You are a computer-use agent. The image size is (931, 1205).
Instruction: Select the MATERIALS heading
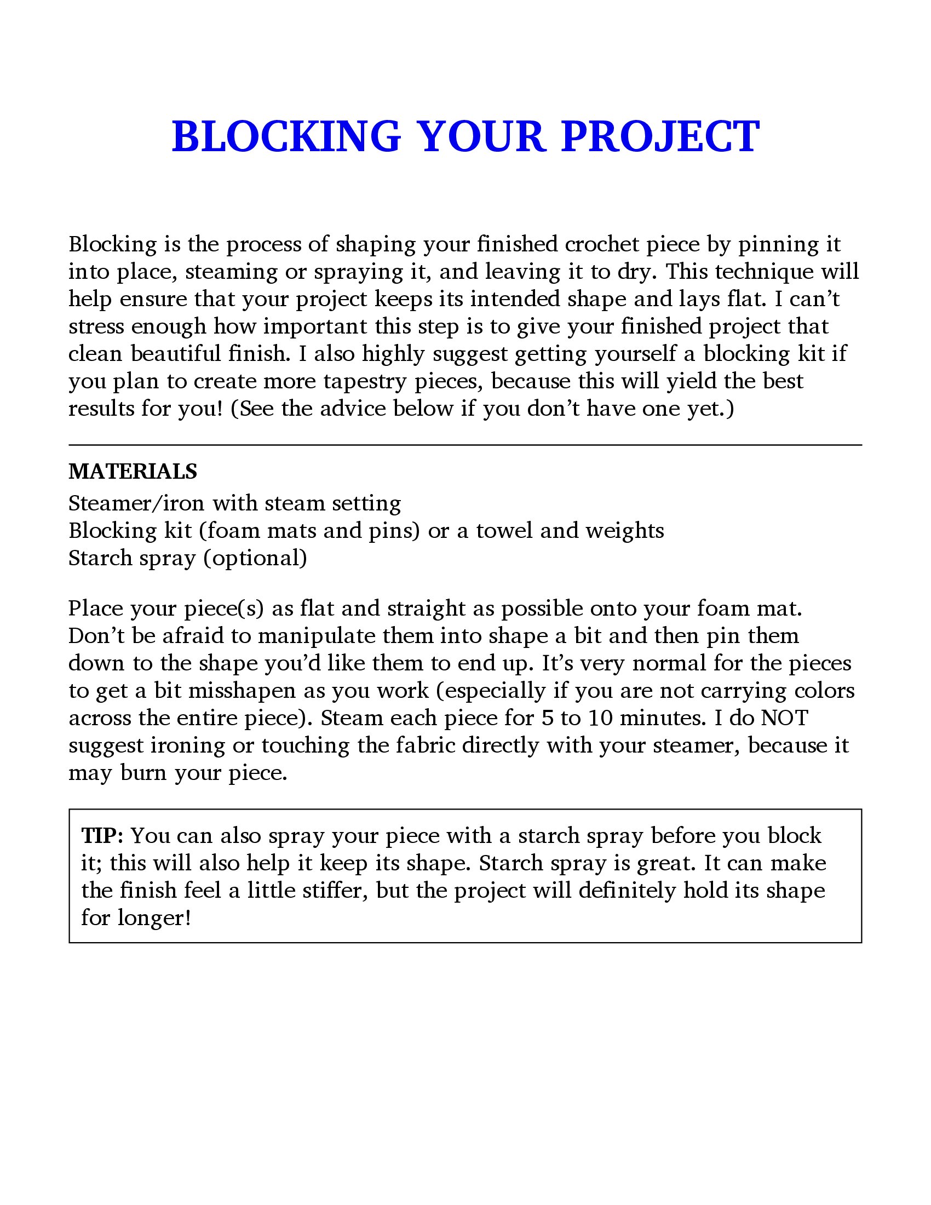pyautogui.click(x=133, y=472)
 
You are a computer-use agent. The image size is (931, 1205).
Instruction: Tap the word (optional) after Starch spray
pyautogui.click(x=255, y=558)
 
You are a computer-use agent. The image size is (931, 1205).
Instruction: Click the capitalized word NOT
pyautogui.click(x=784, y=718)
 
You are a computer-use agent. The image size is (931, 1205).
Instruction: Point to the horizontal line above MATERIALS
pyautogui.click(x=465, y=445)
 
